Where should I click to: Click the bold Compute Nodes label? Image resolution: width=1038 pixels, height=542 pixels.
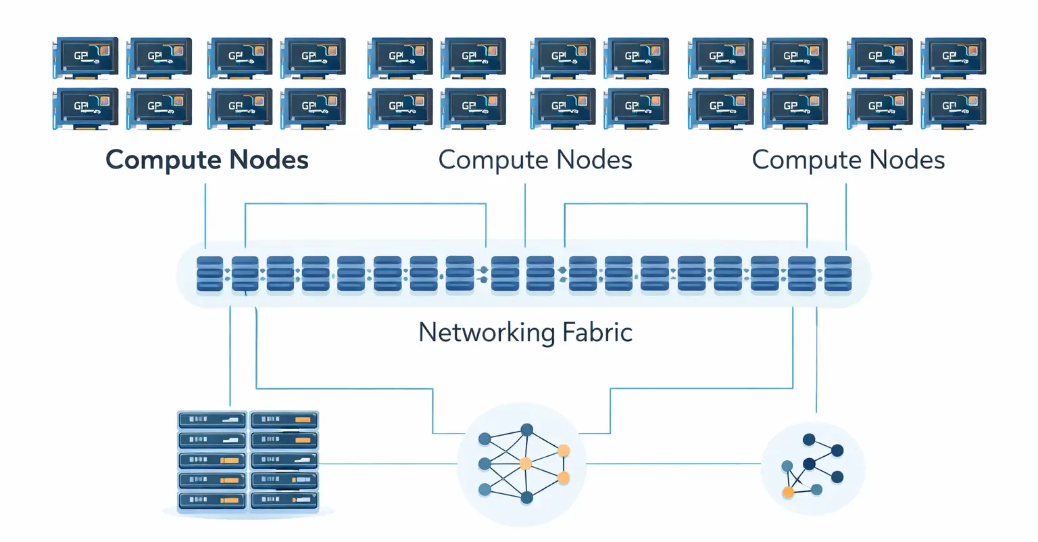(207, 160)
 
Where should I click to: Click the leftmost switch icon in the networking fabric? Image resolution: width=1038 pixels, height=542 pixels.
(209, 274)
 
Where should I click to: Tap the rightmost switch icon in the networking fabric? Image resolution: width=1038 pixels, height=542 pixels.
(837, 274)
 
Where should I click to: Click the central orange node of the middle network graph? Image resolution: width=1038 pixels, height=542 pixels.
(525, 464)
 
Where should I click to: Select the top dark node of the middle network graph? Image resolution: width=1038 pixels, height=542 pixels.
(526, 430)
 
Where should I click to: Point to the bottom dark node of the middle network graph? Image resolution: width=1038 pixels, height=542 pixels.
(526, 498)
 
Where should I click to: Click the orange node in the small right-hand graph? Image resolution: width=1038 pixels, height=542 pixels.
(788, 492)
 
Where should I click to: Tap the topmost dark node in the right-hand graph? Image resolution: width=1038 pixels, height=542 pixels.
(809, 440)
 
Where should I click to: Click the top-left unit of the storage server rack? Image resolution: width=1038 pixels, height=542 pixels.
(212, 420)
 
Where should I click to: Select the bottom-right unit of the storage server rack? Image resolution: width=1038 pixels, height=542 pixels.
(285, 501)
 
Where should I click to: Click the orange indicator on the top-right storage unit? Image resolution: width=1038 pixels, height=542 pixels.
(302, 420)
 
